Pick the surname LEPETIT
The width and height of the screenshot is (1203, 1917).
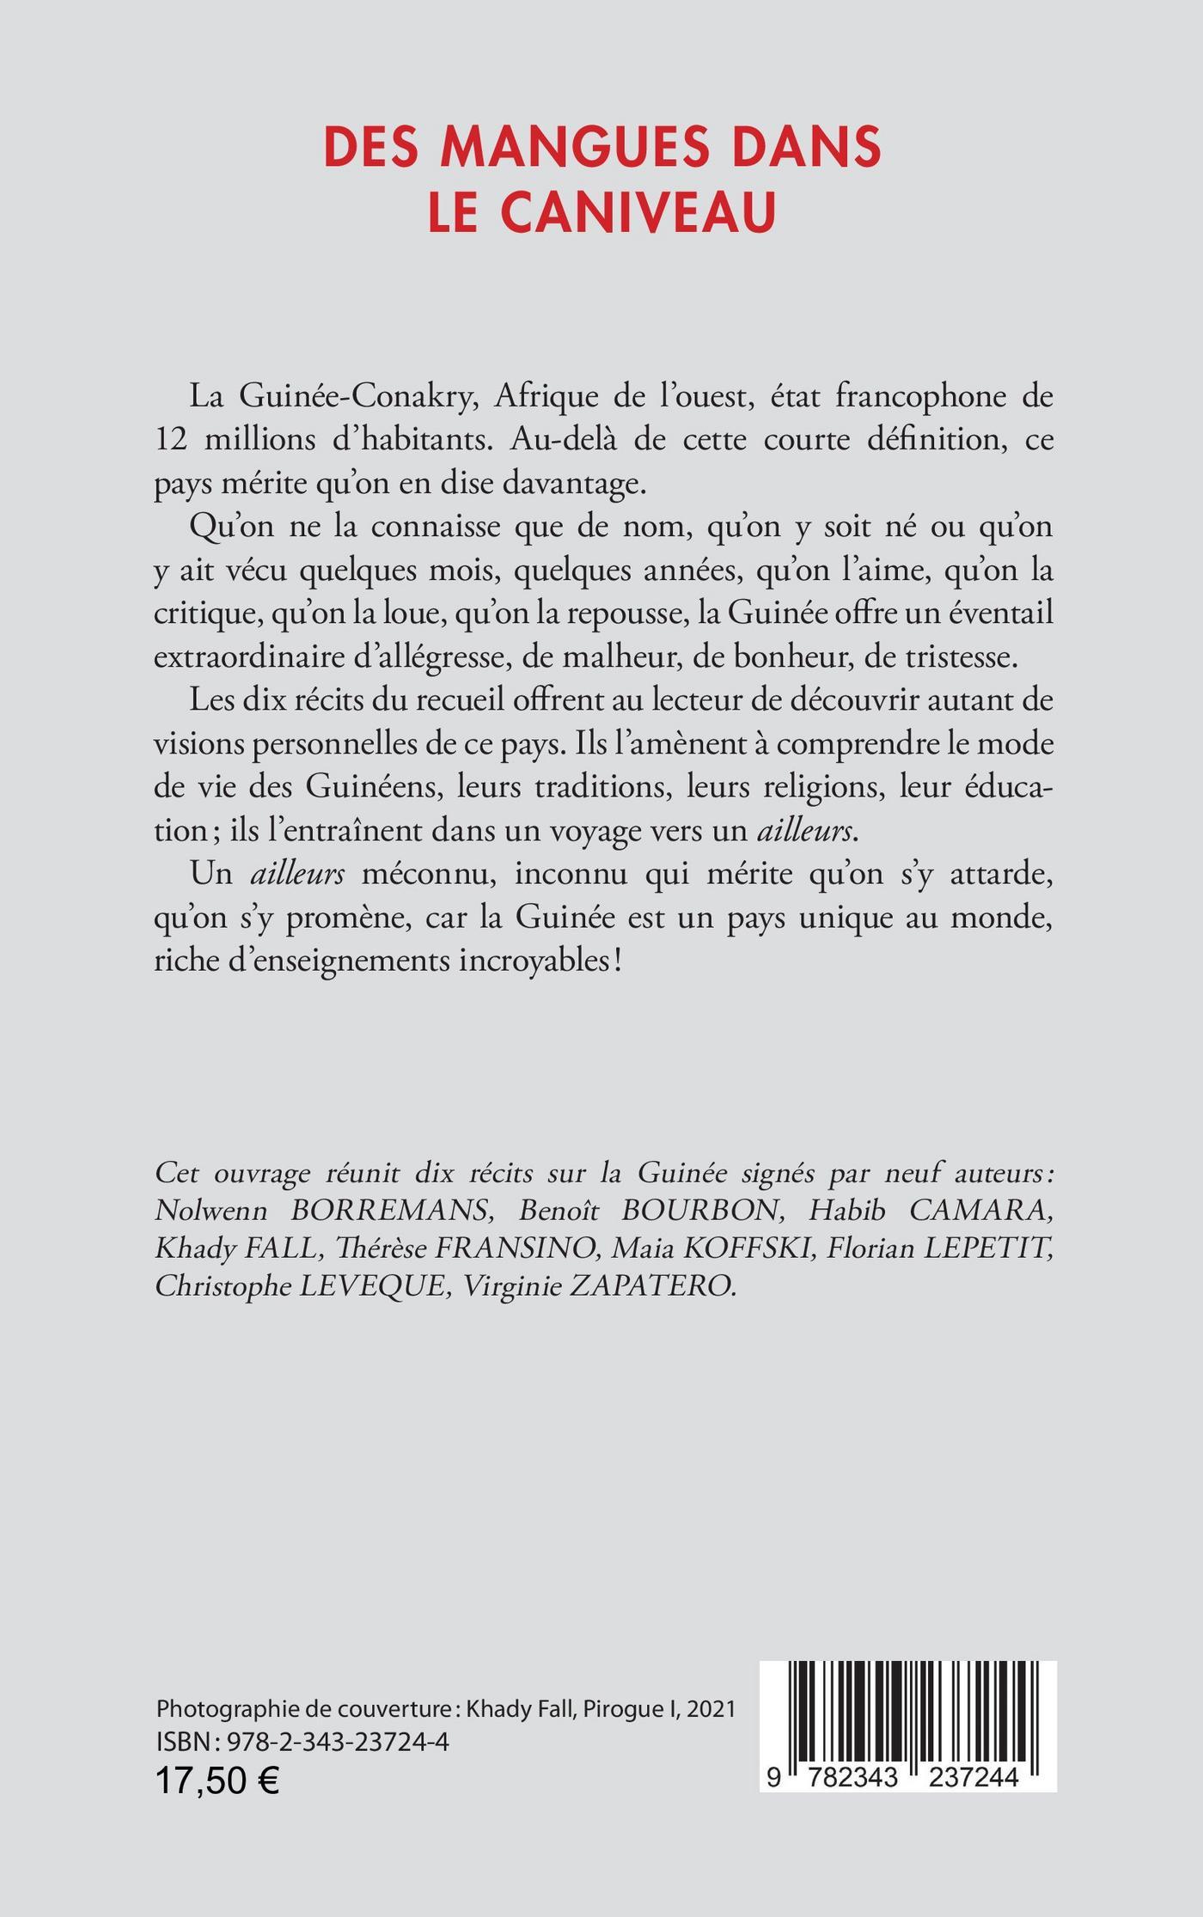pos(986,1248)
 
